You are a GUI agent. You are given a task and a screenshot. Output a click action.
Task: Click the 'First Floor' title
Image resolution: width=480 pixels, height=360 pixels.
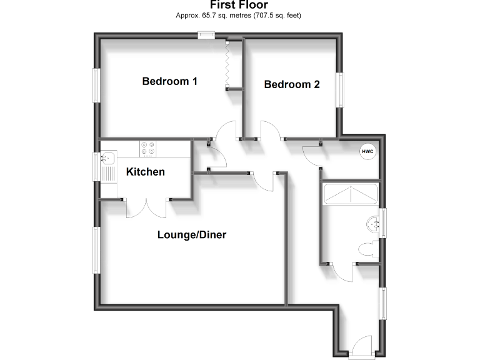tap(239, 5)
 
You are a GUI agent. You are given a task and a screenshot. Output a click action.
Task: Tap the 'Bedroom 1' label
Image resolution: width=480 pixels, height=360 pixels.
tap(170, 81)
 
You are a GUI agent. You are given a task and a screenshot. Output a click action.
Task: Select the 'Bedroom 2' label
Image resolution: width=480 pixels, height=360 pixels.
tap(292, 84)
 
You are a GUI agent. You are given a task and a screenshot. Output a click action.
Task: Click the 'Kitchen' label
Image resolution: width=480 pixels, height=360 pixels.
tap(146, 172)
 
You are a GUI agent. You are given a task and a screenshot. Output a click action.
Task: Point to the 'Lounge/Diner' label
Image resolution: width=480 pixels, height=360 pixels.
tap(191, 235)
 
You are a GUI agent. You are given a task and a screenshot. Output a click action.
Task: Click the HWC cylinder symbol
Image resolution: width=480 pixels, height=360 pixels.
tap(366, 151)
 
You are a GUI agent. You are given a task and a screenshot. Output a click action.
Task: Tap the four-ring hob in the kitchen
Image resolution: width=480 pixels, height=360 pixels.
tap(149, 148)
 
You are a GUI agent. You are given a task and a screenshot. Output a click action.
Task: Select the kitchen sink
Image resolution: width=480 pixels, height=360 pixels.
tap(107, 157)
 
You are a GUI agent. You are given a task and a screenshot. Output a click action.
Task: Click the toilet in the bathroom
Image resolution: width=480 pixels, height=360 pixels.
tap(368, 249)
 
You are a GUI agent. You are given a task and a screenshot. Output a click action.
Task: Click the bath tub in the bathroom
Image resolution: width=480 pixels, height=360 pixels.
tap(349, 195)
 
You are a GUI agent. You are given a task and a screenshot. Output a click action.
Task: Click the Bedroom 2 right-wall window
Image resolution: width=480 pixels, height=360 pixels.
tap(341, 90)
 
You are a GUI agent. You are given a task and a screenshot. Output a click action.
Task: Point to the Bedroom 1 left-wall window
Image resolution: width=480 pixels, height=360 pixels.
tap(97, 85)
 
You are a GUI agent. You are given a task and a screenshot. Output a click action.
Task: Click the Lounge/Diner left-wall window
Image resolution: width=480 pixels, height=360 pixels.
tap(97, 250)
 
